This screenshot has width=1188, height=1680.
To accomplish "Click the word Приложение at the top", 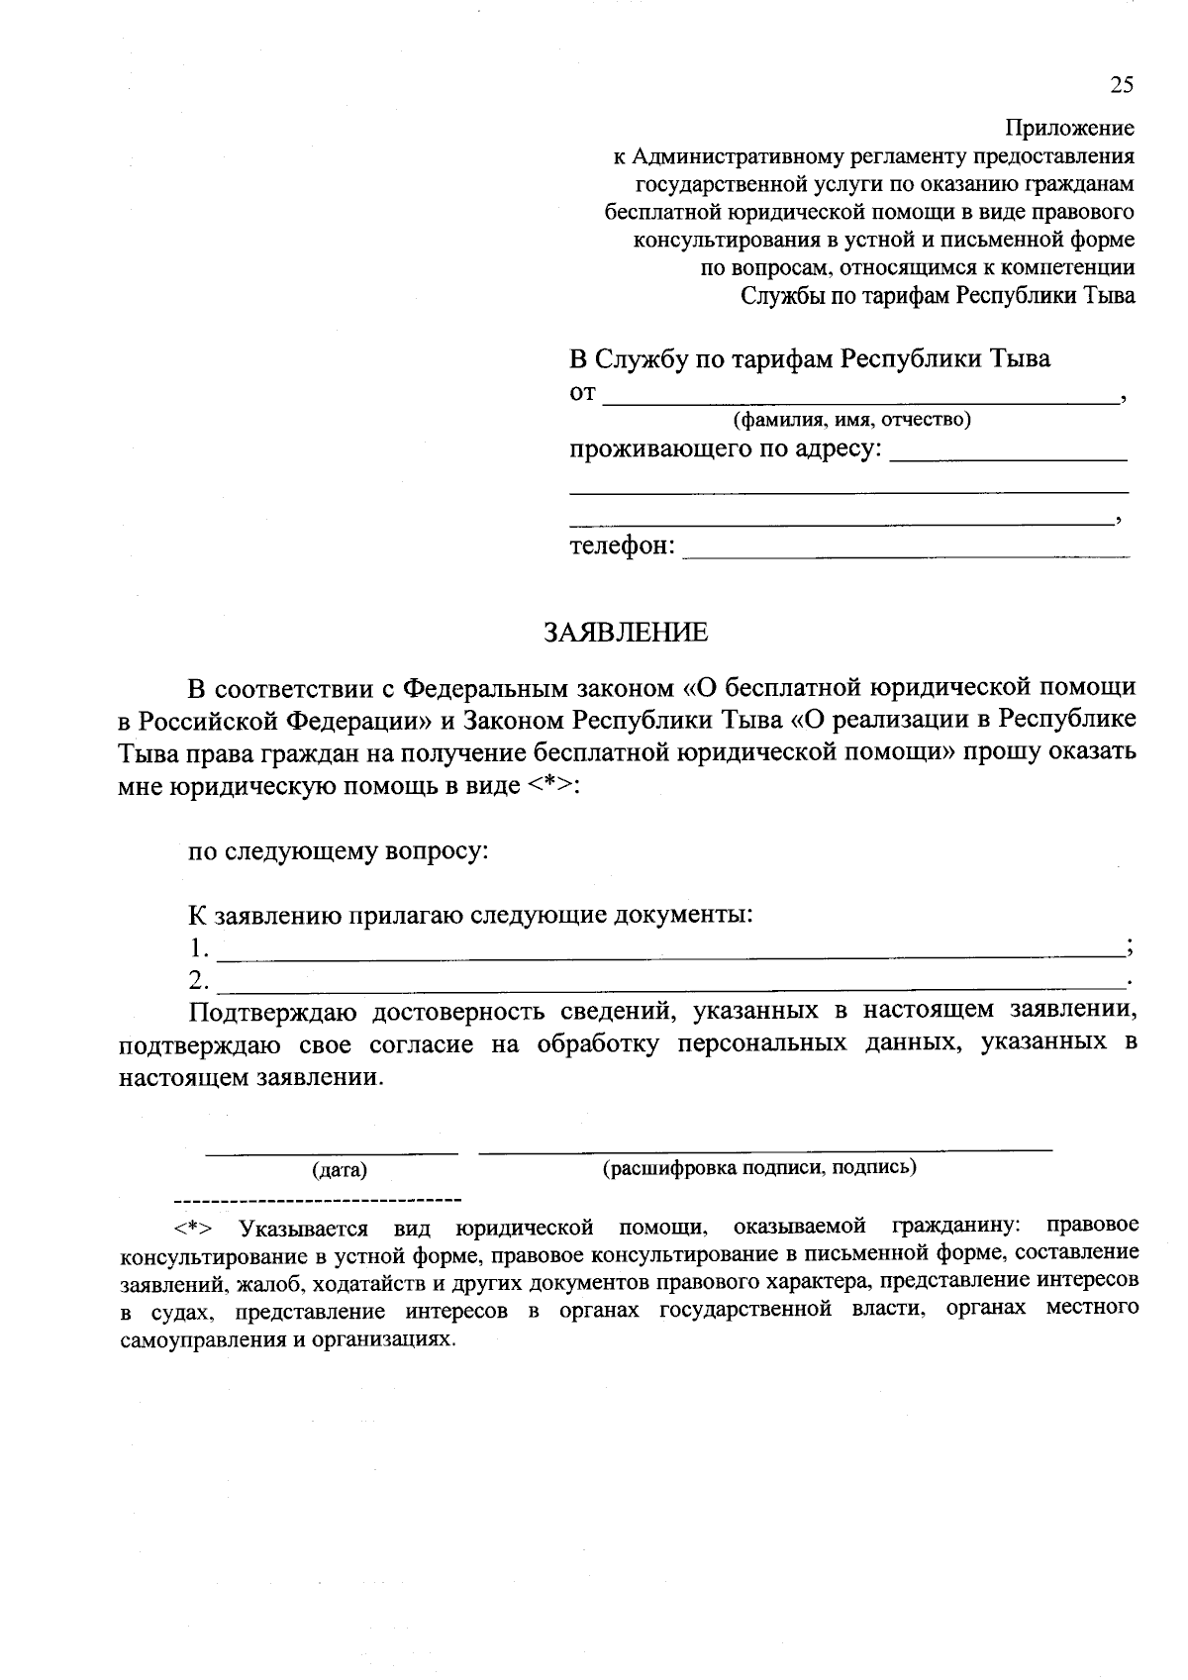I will click(x=1069, y=128).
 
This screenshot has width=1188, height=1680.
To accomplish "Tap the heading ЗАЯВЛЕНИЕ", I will click(x=626, y=632).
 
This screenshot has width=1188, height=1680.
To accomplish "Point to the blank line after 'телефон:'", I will click(x=906, y=556).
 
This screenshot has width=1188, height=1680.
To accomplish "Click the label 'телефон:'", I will click(x=622, y=545).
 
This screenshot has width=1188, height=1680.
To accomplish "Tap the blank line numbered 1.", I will click(x=670, y=955).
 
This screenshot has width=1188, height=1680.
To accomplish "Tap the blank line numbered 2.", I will click(x=670, y=988).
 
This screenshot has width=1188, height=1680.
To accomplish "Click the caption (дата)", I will click(x=340, y=1170).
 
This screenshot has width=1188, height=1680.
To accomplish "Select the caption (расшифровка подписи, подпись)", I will click(x=759, y=1167).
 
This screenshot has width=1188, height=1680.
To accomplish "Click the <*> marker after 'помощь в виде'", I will click(x=552, y=787).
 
